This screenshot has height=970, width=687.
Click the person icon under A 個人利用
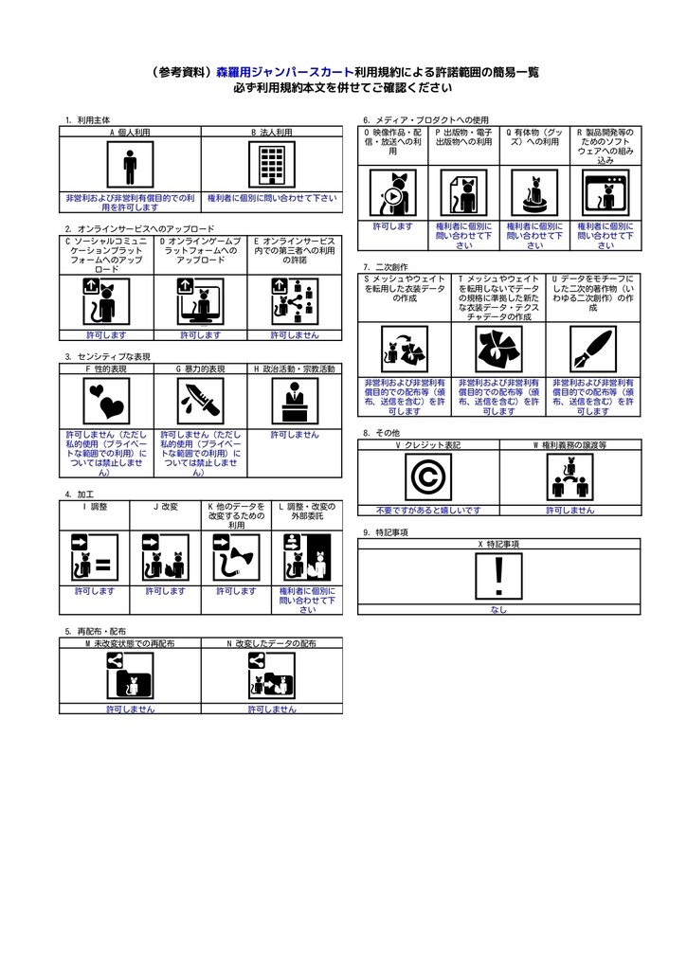click(x=130, y=168)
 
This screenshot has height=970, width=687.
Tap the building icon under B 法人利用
click(x=272, y=168)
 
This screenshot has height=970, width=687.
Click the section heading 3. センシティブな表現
click(x=107, y=357)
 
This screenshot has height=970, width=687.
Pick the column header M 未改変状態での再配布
click(x=130, y=643)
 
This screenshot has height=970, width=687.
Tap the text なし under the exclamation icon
click(x=499, y=610)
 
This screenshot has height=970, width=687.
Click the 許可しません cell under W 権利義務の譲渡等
click(x=569, y=510)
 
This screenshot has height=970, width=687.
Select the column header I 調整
click(x=95, y=507)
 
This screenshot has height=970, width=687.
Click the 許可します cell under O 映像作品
click(x=392, y=226)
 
